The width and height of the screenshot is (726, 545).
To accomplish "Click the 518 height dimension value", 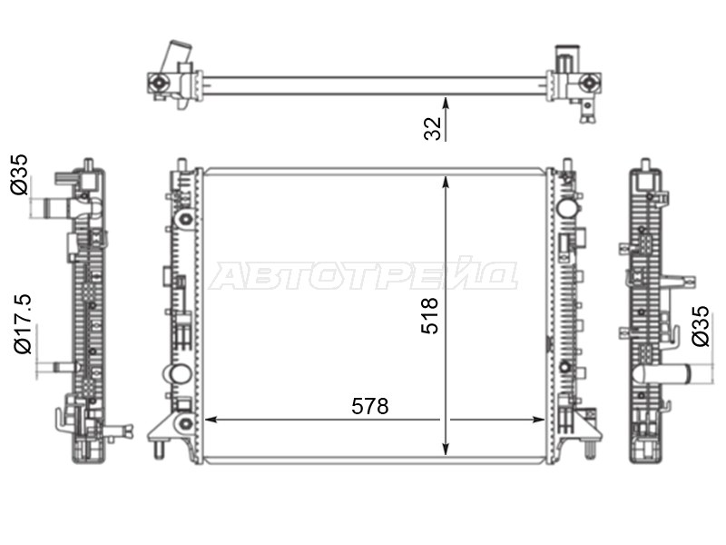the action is pos(429,315).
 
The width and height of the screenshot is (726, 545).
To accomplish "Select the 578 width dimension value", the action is pos(370,406).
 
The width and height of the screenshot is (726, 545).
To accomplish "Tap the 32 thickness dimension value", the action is pos(433,128).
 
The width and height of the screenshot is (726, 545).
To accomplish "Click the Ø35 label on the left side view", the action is pos(20,174).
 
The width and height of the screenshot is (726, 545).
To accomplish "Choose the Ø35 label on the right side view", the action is pos(700,326).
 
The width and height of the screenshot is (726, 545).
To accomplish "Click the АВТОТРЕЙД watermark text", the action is pos(363,276).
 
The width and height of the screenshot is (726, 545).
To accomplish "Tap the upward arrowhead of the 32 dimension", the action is pos(446,102).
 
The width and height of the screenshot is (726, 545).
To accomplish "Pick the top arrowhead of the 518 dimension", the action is pos(446,181).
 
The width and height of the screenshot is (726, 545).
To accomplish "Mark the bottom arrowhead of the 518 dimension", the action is pos(446,449).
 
